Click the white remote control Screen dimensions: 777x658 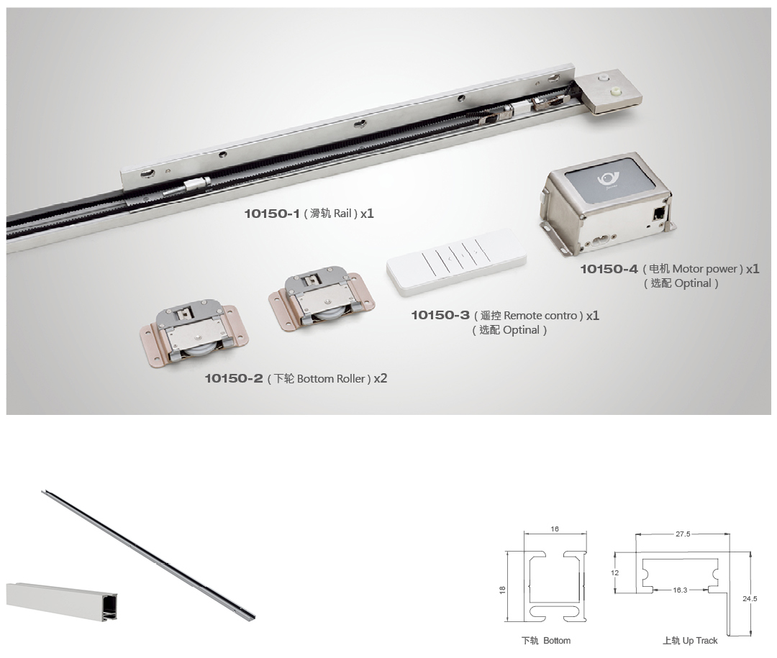pyautogui.click(x=456, y=262)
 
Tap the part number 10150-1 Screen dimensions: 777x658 pyautogui.click(x=272, y=214)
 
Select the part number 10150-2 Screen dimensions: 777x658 pyautogui.click(x=234, y=378)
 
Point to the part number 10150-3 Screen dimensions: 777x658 pyautogui.click(x=440, y=315)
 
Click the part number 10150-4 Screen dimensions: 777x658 pyautogui.click(x=609, y=269)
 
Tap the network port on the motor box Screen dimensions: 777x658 pyautogui.click(x=659, y=214)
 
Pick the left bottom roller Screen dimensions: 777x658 pyautogui.click(x=194, y=333)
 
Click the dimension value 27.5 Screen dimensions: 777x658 pyautogui.click(x=683, y=534)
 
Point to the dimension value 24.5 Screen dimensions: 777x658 pyautogui.click(x=750, y=598)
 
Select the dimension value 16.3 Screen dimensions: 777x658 pyautogui.click(x=680, y=590)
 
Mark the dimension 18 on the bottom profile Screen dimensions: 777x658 pyautogui.click(x=502, y=590)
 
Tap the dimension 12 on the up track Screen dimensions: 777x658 pyautogui.click(x=615, y=572)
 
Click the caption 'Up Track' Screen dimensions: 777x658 pyautogui.click(x=700, y=641)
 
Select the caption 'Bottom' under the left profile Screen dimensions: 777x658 pyautogui.click(x=556, y=641)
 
